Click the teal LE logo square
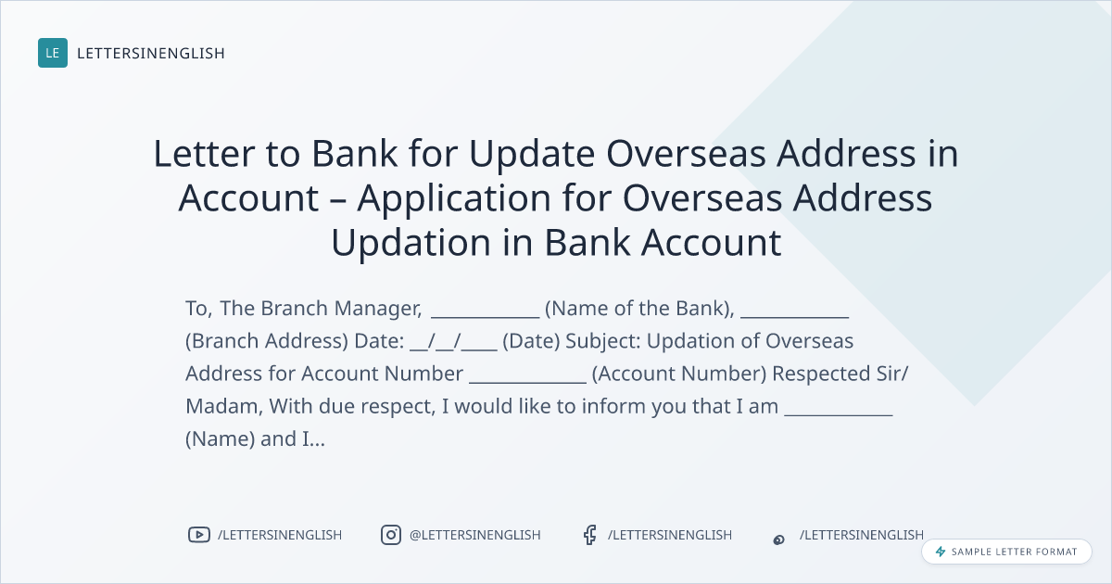(53, 53)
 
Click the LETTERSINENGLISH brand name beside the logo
(151, 53)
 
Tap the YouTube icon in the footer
(199, 535)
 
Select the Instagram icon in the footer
(391, 535)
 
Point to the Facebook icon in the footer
(589, 535)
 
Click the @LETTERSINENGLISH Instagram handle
(475, 535)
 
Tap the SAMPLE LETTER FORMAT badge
(1006, 552)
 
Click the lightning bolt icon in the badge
(941, 552)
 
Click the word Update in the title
(532, 155)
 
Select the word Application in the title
(454, 198)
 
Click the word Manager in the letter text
(378, 309)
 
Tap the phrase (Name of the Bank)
(639, 309)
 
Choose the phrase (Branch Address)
(267, 341)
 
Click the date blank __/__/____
(453, 342)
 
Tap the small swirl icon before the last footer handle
(779, 540)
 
